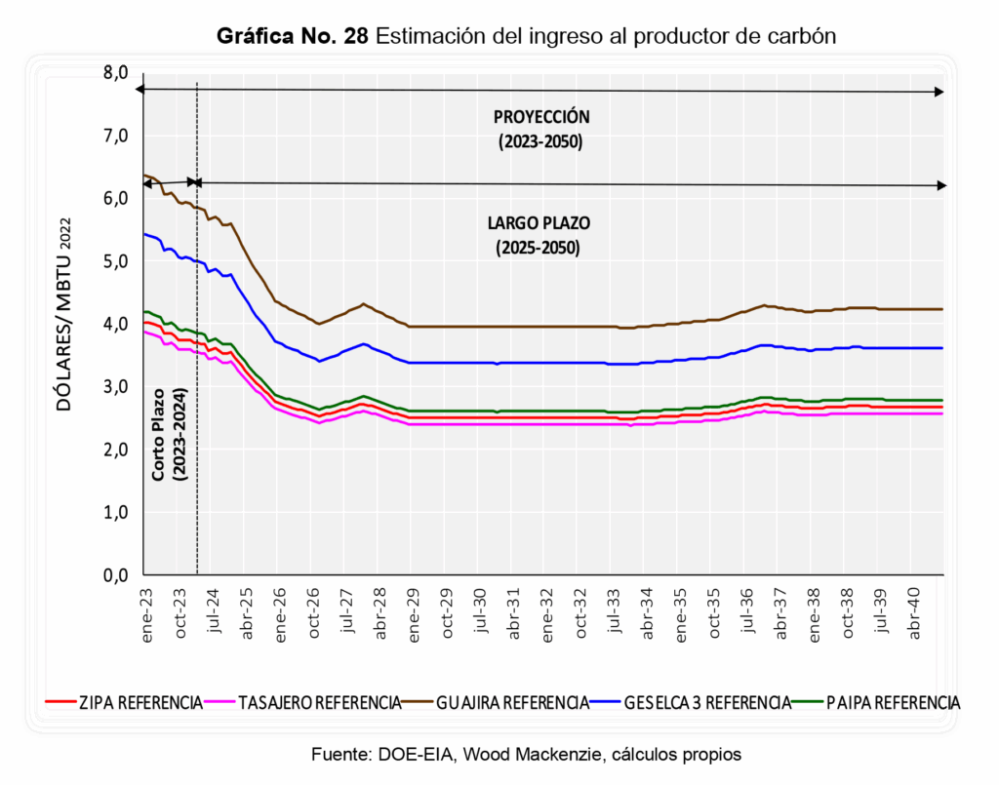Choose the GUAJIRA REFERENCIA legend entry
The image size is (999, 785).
point(512,702)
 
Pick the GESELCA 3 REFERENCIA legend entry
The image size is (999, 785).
point(707,702)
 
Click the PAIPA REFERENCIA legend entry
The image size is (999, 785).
point(890,702)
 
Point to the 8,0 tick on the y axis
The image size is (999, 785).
point(116,72)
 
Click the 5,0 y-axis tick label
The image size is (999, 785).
point(116,261)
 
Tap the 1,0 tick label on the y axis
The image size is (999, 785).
point(116,513)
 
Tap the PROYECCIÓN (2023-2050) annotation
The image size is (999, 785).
point(540,129)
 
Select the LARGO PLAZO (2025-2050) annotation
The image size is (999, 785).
point(539,235)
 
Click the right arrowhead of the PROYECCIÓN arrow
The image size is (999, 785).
point(939,92)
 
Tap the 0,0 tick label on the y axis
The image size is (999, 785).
point(116,575)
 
